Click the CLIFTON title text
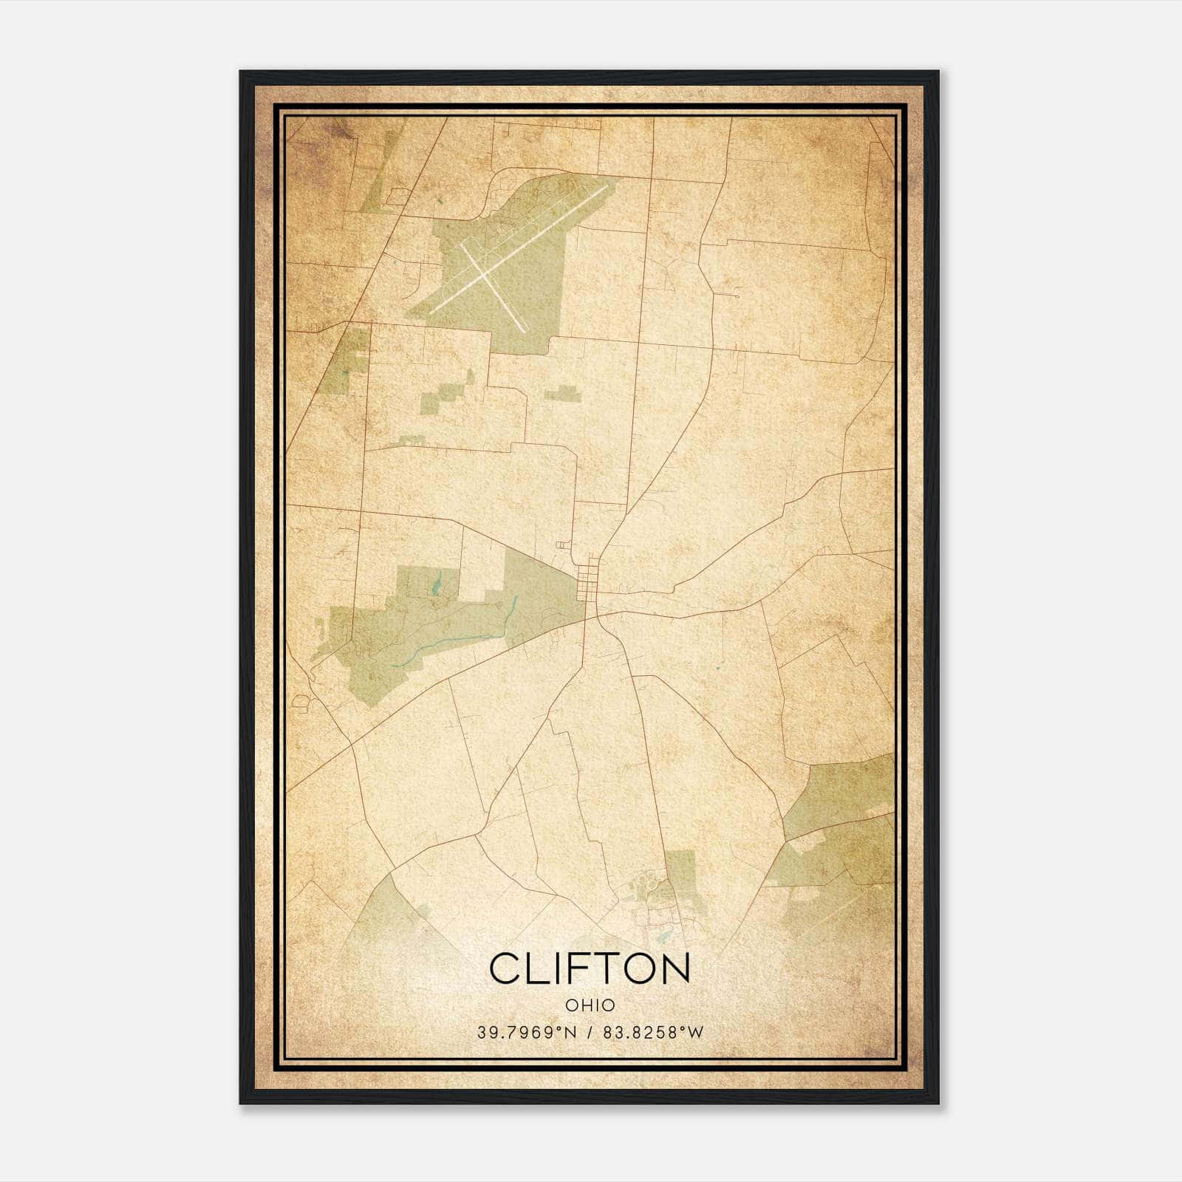pyautogui.click(x=590, y=969)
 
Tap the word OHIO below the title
pyautogui.click(x=590, y=1005)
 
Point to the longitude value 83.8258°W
pyautogui.click(x=654, y=1033)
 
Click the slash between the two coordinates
pyautogui.click(x=589, y=1033)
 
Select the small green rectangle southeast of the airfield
pyautogui.click(x=563, y=394)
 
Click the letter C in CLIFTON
pyautogui.click(x=505, y=969)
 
